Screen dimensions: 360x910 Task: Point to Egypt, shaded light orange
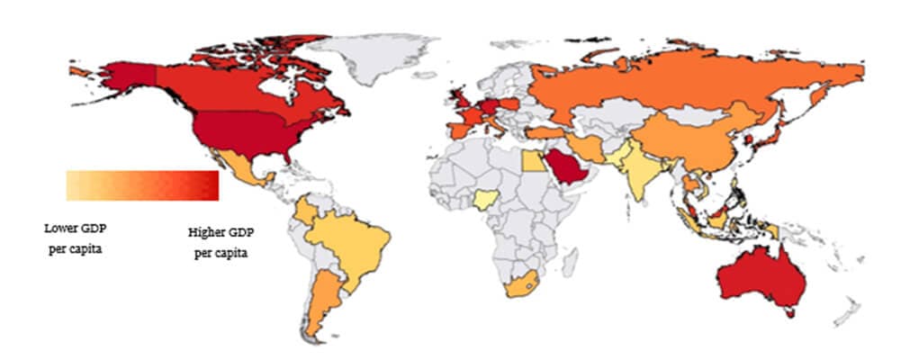click(x=532, y=161)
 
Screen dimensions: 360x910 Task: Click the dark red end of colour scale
click(x=209, y=185)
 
